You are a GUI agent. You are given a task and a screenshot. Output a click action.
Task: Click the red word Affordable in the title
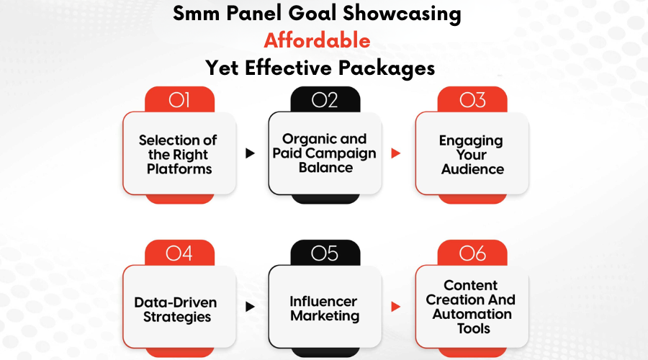pyautogui.click(x=317, y=40)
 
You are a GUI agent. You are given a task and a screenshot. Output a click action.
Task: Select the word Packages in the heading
pyautogui.click(x=387, y=68)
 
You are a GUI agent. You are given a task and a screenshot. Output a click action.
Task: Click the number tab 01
pyautogui.click(x=179, y=99)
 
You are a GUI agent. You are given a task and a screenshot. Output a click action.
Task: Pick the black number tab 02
pyautogui.click(x=325, y=99)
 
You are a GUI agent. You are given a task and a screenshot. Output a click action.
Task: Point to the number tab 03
pyautogui.click(x=472, y=99)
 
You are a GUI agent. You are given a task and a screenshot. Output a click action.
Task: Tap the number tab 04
pyautogui.click(x=179, y=253)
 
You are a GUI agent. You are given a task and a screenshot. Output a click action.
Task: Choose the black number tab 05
pyautogui.click(x=325, y=253)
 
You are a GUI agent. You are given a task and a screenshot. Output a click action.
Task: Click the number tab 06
pyautogui.click(x=472, y=253)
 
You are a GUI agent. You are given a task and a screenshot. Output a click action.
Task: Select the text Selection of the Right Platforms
pyautogui.click(x=178, y=155)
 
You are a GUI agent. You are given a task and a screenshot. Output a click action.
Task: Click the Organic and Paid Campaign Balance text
pyautogui.click(x=325, y=153)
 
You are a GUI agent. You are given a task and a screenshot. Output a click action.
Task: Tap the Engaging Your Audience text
pyautogui.click(x=472, y=155)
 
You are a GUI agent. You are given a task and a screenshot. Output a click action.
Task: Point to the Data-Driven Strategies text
pyautogui.click(x=176, y=310)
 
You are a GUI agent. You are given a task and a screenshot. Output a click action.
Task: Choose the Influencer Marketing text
pyautogui.click(x=325, y=308)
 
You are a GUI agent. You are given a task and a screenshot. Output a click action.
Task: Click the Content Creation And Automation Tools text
pyautogui.click(x=471, y=307)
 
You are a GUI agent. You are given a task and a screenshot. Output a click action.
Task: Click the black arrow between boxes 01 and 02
pyautogui.click(x=250, y=153)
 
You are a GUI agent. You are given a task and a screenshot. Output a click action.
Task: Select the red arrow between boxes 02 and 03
pyautogui.click(x=395, y=153)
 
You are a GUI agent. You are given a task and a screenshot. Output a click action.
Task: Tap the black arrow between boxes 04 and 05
pyautogui.click(x=250, y=307)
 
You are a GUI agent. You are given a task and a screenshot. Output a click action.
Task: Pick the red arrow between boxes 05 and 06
pyautogui.click(x=395, y=307)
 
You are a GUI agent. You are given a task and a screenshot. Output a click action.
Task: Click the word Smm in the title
pyautogui.click(x=197, y=14)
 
